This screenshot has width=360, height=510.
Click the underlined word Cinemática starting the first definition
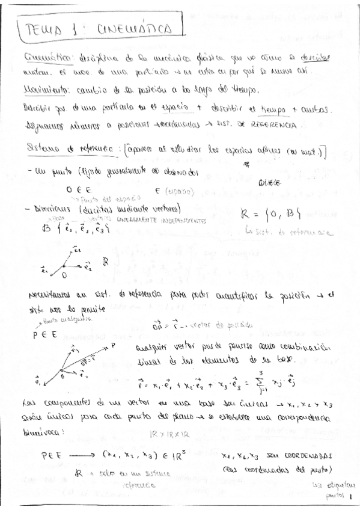pyautogui.click(x=49, y=57)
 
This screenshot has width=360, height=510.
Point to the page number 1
pyautogui.click(x=350, y=497)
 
